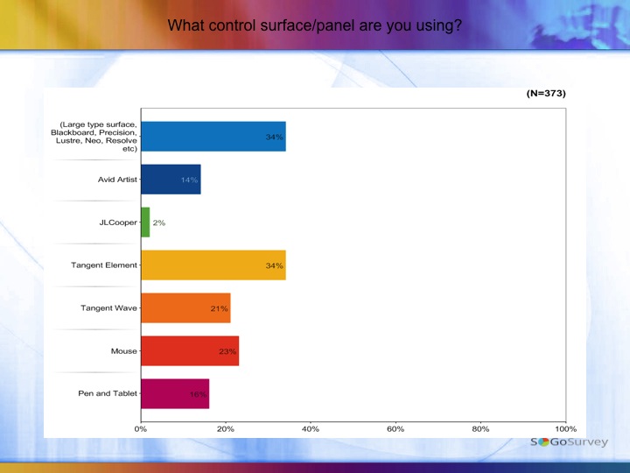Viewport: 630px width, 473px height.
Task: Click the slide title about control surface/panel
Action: [x=314, y=25]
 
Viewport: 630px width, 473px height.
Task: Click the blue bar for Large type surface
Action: [x=213, y=137]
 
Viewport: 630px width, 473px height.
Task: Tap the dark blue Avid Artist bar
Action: [x=171, y=180]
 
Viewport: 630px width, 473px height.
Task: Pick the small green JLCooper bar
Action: [x=145, y=222]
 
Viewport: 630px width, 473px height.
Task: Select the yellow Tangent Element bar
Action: [x=213, y=265]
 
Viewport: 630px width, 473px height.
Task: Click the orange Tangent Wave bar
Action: [x=185, y=307]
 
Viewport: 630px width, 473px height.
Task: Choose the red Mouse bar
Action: [x=189, y=350]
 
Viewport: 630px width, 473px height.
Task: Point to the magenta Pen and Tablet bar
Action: [x=175, y=393]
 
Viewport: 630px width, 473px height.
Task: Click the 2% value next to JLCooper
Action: [x=159, y=222]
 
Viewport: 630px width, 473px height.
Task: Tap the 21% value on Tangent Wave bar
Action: [x=219, y=308]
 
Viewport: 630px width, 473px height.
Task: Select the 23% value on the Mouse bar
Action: [x=227, y=351]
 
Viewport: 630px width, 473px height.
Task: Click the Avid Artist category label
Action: [x=117, y=180]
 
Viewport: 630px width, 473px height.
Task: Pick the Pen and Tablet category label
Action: [x=108, y=393]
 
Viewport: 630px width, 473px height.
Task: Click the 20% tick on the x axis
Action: [x=226, y=429]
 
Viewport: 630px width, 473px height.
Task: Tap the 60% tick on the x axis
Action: [x=395, y=429]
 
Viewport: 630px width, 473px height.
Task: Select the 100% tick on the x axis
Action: [x=565, y=429]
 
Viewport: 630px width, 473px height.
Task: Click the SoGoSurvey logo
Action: [x=569, y=442]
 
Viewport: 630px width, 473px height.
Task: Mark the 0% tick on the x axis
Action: [x=141, y=429]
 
